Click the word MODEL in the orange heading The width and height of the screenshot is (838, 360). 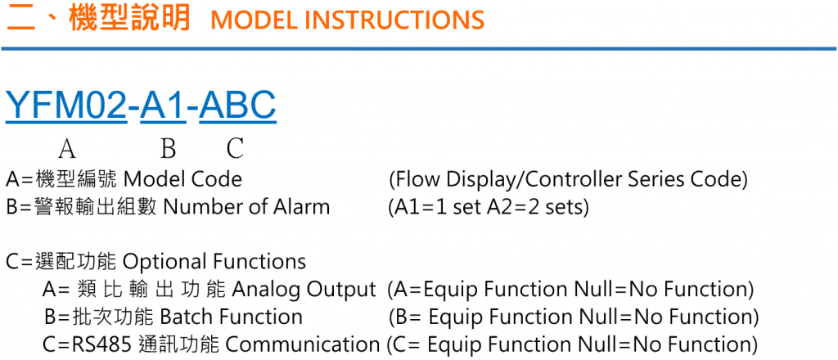click(252, 20)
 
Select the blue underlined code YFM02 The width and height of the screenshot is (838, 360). click(65, 106)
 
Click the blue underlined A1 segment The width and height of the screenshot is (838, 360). click(163, 106)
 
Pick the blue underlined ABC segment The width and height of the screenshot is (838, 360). click(238, 106)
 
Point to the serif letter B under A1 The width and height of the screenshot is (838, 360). click(169, 148)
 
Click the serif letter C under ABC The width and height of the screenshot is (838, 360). click(235, 148)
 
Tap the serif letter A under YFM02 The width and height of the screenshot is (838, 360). click(67, 148)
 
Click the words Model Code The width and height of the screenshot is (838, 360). click(182, 179)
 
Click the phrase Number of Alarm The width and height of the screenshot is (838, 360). click(246, 207)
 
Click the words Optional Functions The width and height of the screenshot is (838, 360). click(215, 262)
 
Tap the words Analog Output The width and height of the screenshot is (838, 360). click(304, 290)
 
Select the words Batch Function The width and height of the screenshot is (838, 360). click(232, 317)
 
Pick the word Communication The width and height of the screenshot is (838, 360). click(303, 345)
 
